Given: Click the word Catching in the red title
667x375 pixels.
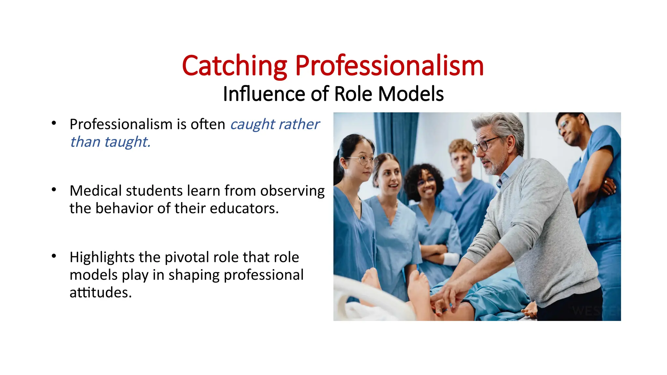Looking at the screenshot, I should point(234,66).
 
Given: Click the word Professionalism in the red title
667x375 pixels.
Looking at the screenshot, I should point(389,66).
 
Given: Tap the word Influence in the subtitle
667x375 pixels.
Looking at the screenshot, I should point(264,94).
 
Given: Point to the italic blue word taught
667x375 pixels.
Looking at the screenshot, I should point(127,142).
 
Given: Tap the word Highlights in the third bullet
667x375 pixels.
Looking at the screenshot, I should point(102,257).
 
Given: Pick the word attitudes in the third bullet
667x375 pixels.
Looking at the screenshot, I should point(100,292).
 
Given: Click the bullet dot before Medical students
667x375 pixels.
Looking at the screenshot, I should point(54,189).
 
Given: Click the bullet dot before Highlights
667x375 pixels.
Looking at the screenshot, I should point(54,256).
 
